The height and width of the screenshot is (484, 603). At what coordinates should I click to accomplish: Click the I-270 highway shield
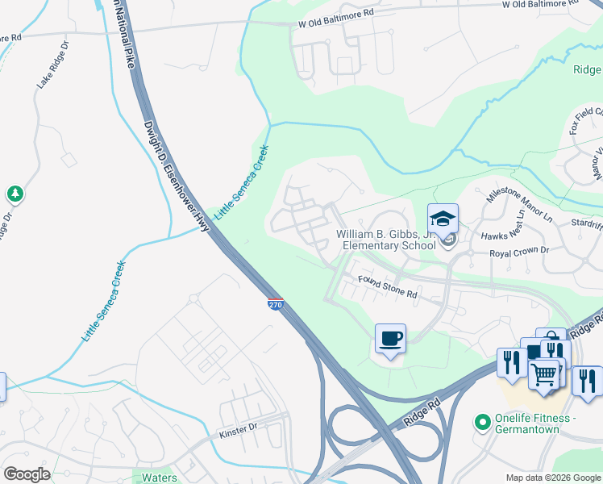pos(274,304)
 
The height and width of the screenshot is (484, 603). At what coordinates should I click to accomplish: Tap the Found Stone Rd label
pos(388,287)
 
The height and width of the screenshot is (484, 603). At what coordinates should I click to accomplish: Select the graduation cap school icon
pos(443,219)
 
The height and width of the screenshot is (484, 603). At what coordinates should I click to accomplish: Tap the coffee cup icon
pos(391,338)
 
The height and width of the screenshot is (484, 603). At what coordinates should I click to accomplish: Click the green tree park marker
pos(15,194)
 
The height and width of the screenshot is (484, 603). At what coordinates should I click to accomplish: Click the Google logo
pos(27,474)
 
